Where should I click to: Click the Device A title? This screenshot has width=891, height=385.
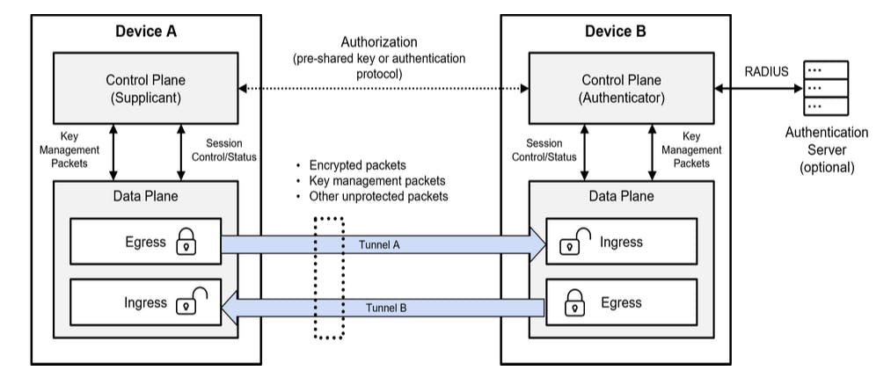(146, 32)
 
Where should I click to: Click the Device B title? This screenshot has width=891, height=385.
(616, 32)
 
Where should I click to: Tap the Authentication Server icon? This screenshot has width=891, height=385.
(826, 89)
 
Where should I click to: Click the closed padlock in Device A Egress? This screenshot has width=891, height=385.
(186, 242)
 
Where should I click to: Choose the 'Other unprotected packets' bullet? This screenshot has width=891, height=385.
(378, 196)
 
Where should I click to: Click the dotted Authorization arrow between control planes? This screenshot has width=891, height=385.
(382, 89)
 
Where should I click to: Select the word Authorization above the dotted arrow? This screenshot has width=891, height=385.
(379, 42)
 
